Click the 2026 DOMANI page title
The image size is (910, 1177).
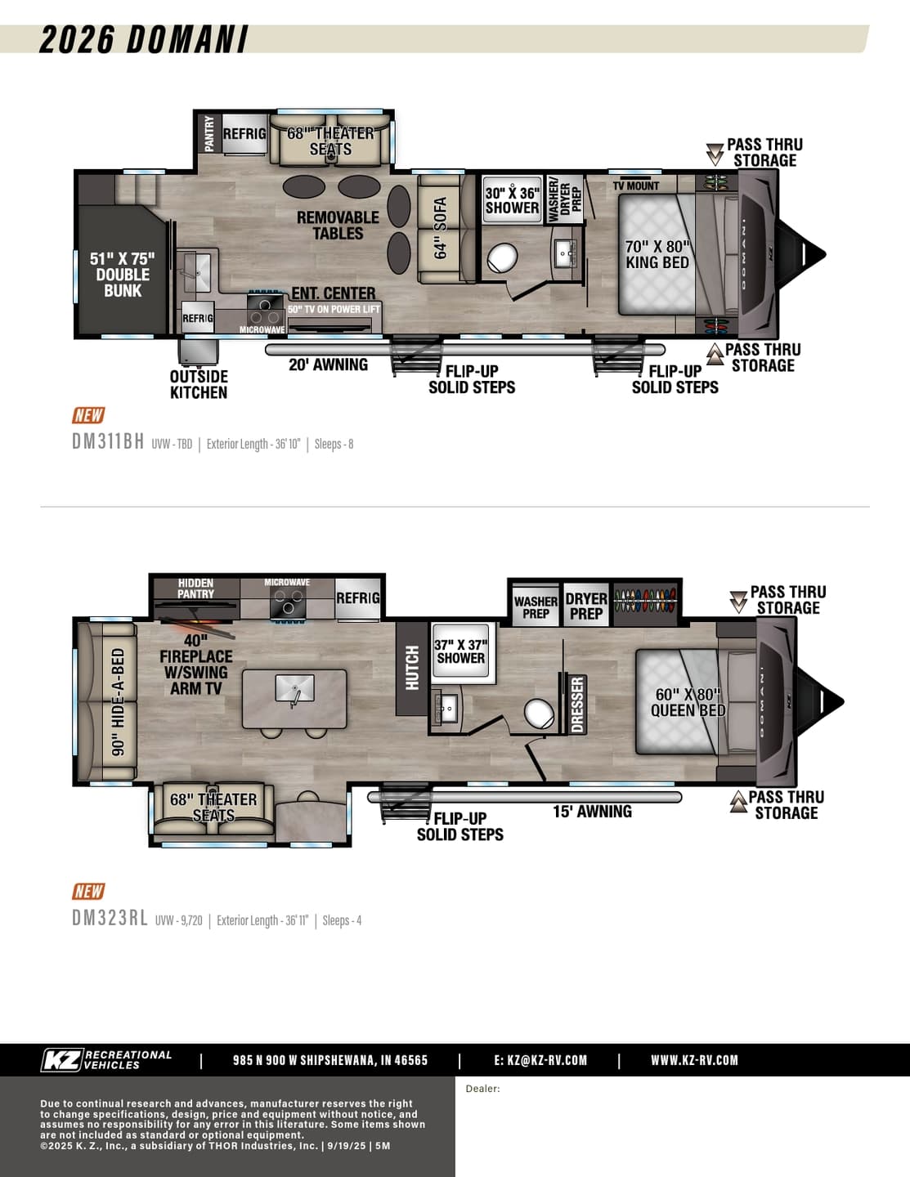144,39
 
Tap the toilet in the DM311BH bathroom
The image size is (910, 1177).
502,257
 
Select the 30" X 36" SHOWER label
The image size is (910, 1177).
512,200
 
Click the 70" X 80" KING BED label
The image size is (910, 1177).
657,254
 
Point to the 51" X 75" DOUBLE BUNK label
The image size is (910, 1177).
123,275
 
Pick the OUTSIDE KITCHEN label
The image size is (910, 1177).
199,385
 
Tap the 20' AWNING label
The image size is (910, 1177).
328,365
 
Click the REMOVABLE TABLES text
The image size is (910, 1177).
338,226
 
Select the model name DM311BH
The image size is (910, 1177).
108,441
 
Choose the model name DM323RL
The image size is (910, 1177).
110,918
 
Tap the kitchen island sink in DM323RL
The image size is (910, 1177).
294,689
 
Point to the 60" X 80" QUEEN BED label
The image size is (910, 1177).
688,702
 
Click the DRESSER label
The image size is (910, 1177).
577,704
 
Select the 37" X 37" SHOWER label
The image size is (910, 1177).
461,651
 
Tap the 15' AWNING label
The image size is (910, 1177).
592,812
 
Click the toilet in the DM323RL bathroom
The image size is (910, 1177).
539,714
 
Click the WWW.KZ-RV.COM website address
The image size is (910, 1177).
694,1060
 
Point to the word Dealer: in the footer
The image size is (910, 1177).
482,1089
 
